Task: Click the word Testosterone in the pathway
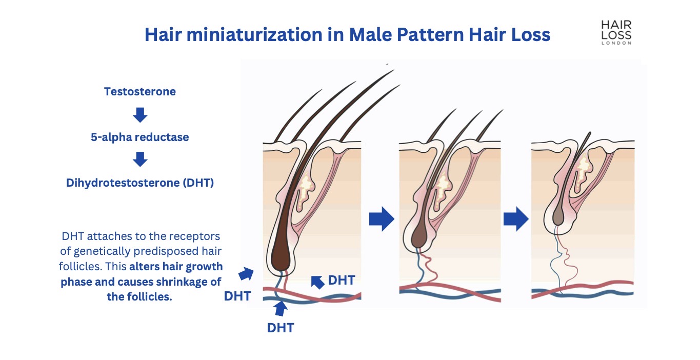[140, 92]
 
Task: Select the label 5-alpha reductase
[140, 137]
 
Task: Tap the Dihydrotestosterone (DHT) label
[140, 183]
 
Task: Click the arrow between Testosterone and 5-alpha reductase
[140, 115]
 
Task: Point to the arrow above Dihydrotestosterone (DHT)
[140, 160]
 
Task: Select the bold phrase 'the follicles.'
[139, 296]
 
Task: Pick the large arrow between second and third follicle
[516, 219]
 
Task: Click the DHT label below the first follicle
[281, 328]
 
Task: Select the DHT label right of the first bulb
[342, 280]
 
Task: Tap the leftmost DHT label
[237, 296]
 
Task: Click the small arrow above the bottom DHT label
[280, 309]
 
